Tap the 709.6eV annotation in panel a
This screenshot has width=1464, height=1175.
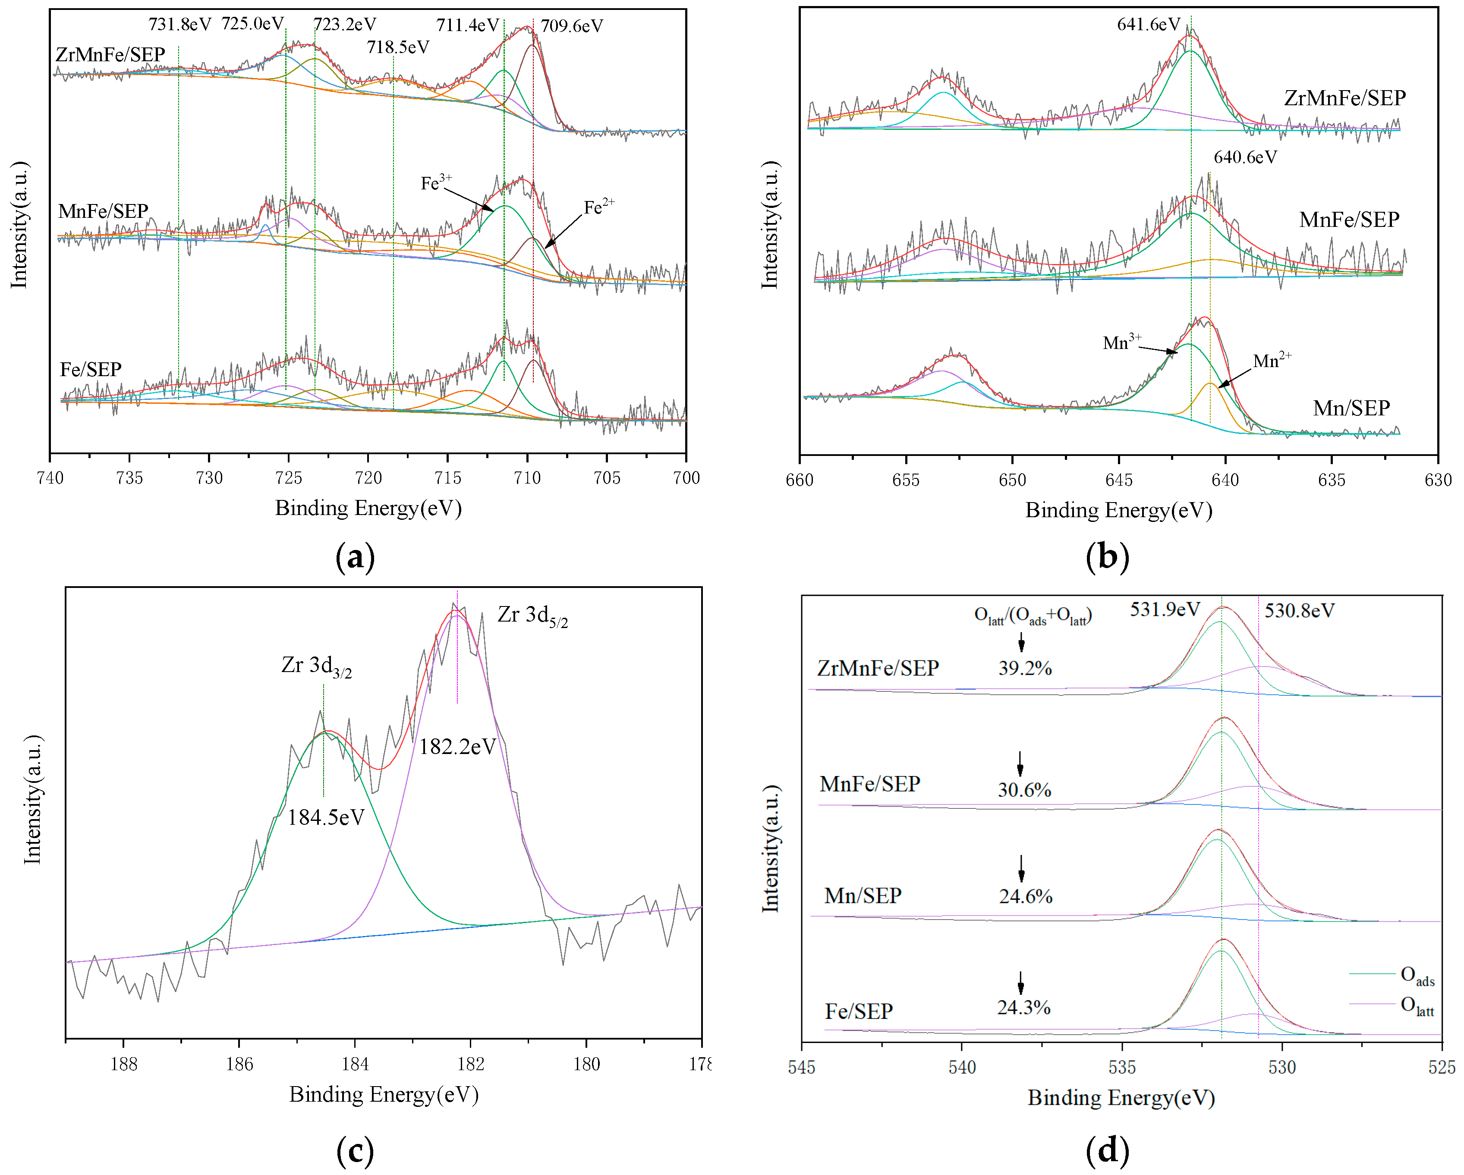[572, 26]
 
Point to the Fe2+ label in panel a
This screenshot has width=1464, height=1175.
[599, 207]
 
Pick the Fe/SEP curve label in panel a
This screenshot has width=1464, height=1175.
[90, 370]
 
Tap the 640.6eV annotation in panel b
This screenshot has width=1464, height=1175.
[1245, 157]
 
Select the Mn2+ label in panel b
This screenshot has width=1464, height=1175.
[1271, 361]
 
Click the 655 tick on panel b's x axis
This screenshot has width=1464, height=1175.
[905, 480]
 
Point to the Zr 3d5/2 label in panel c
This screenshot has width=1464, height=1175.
[532, 616]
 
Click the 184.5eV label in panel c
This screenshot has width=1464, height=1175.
[326, 817]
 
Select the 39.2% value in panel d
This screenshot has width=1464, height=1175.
[1025, 669]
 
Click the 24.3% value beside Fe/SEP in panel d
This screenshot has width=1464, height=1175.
[1023, 1008]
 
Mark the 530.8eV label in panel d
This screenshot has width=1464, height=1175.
[1298, 611]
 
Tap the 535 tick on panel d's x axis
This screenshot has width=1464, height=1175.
[1122, 1067]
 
